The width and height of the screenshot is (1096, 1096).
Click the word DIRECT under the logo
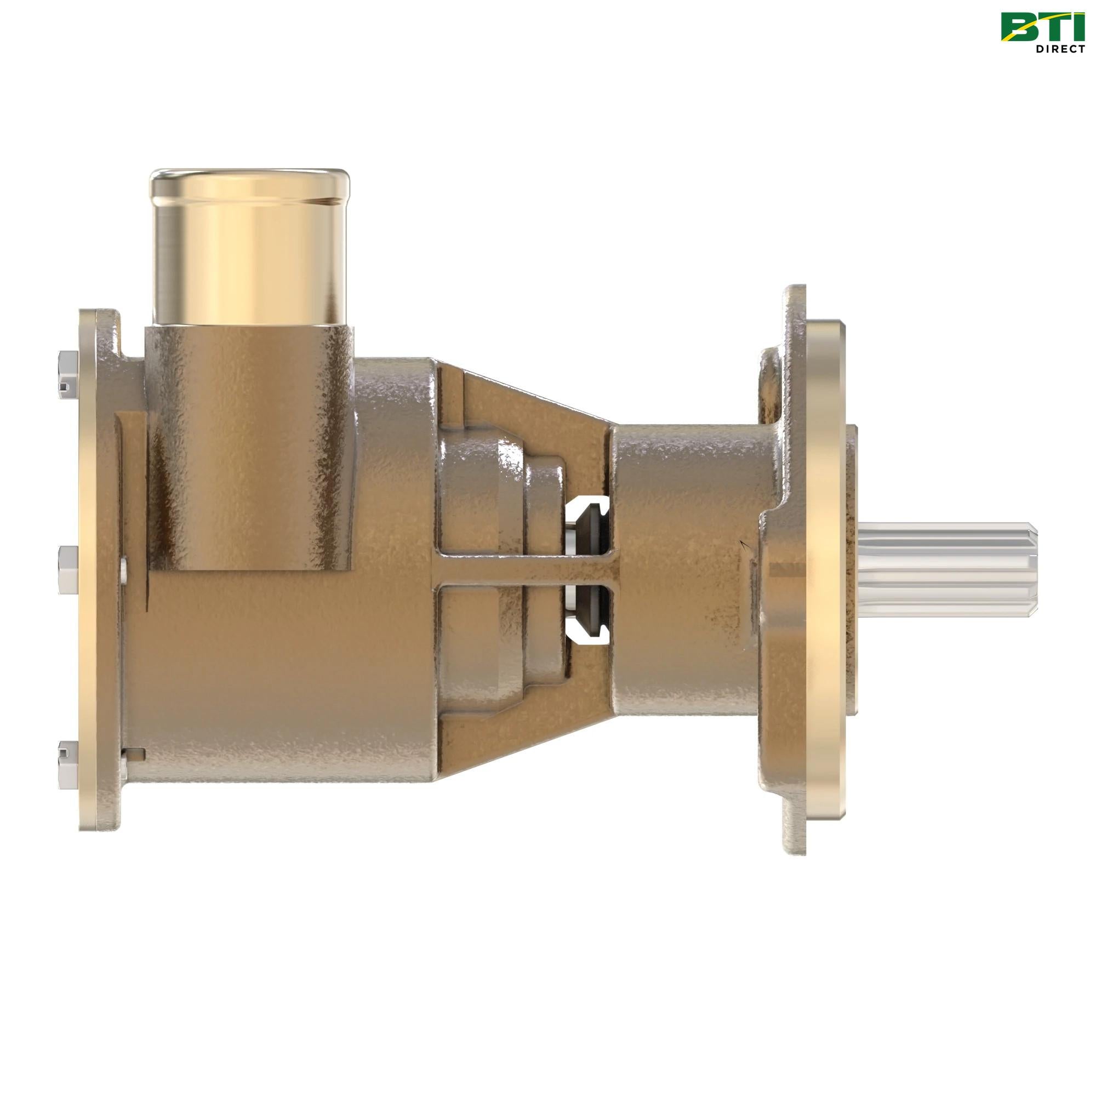tap(1060, 49)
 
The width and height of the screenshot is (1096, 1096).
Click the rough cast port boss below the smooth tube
tap(249, 442)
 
